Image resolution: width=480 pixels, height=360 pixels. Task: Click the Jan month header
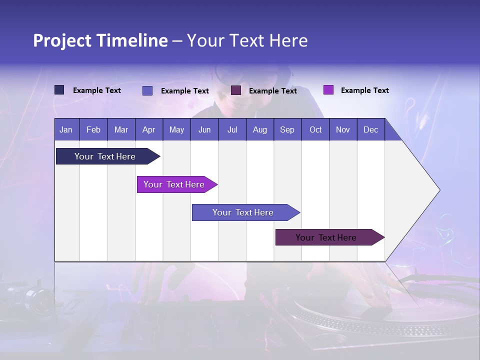click(66, 129)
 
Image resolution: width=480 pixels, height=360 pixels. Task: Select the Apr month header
click(149, 129)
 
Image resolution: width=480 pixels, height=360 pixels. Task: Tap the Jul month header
click(232, 129)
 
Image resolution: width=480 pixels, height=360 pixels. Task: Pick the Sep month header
click(287, 129)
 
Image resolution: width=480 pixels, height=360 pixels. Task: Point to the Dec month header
click(370, 129)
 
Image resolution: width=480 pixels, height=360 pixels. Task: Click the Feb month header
click(93, 129)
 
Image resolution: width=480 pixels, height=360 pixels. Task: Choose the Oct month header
click(315, 129)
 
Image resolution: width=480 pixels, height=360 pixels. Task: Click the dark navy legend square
click(59, 90)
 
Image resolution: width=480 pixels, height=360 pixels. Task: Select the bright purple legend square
click(328, 90)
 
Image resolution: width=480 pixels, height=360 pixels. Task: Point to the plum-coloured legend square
click(236, 90)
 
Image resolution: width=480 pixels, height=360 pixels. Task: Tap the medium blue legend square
click(147, 90)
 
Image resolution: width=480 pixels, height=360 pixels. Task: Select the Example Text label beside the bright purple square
click(364, 90)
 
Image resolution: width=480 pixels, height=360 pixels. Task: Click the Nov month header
click(343, 129)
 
